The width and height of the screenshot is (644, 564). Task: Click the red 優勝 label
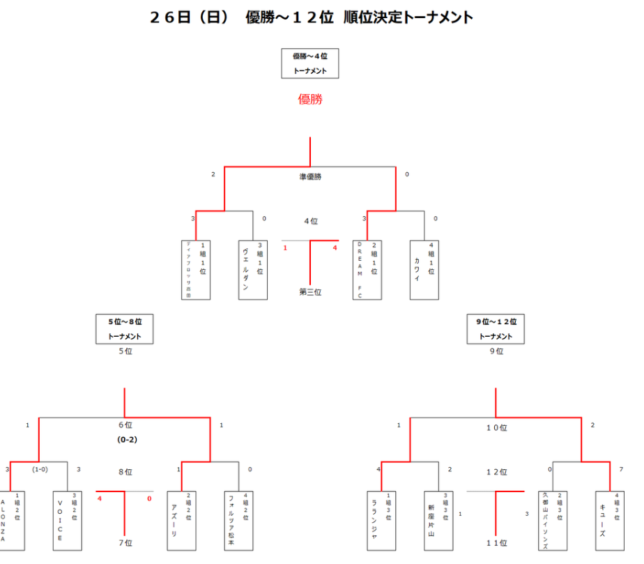(x=310, y=100)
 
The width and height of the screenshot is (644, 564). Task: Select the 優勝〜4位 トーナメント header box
(x=310, y=63)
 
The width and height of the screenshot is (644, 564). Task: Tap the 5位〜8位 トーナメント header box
(x=125, y=329)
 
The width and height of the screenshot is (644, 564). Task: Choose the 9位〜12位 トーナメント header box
(x=496, y=329)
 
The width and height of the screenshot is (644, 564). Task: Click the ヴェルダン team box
(x=253, y=270)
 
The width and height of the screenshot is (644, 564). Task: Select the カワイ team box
(x=424, y=270)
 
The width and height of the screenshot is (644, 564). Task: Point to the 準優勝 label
(x=310, y=177)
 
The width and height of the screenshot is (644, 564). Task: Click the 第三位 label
(x=310, y=292)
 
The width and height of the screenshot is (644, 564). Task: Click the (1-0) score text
(x=40, y=469)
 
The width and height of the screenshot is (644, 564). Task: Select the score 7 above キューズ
(x=621, y=469)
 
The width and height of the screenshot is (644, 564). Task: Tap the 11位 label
(x=496, y=542)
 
